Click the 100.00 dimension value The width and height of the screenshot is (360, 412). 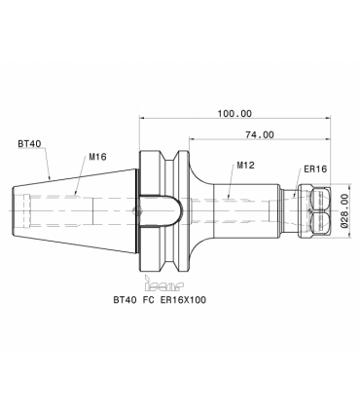click(234, 114)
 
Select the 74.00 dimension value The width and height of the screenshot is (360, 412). click(259, 134)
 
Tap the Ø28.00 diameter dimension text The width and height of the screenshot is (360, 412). click(344, 210)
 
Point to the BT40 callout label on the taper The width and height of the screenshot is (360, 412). click(29, 143)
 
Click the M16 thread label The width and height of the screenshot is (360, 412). click(97, 157)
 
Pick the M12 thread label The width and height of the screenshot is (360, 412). click(245, 166)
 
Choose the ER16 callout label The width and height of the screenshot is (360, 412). click(315, 169)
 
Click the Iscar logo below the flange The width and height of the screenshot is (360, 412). click(163, 283)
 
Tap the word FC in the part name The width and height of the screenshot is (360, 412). click(148, 300)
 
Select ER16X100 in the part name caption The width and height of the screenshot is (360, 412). click(183, 300)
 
